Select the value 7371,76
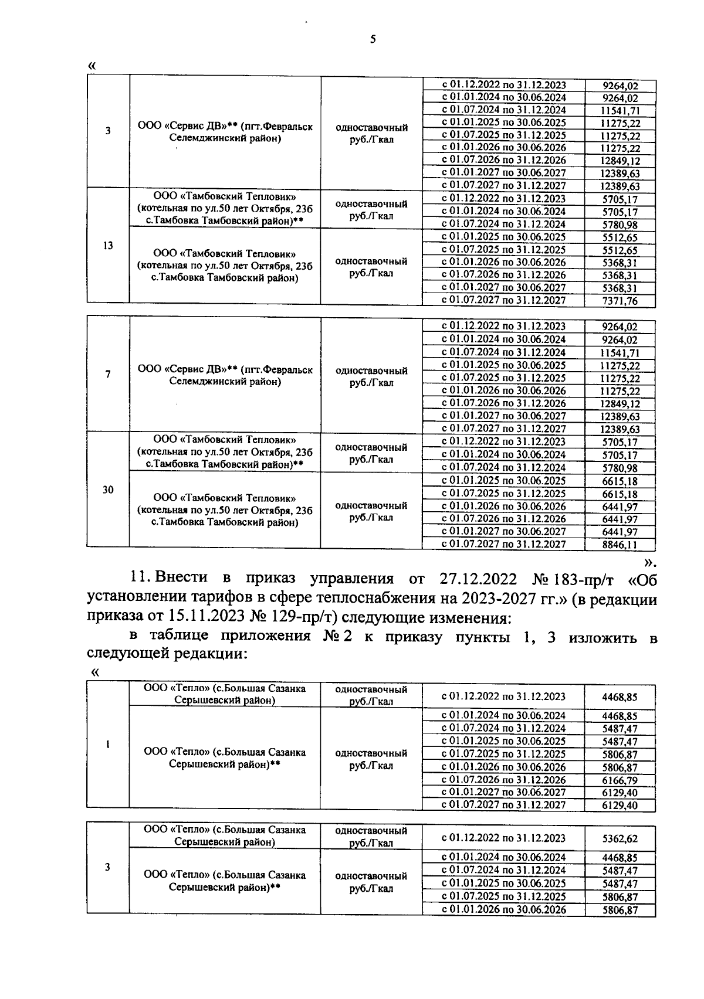620,301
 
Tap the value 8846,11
620,545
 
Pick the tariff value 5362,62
620,838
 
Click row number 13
108,245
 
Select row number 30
108,490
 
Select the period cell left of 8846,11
503,544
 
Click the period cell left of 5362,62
503,838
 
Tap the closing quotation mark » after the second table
648,562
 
